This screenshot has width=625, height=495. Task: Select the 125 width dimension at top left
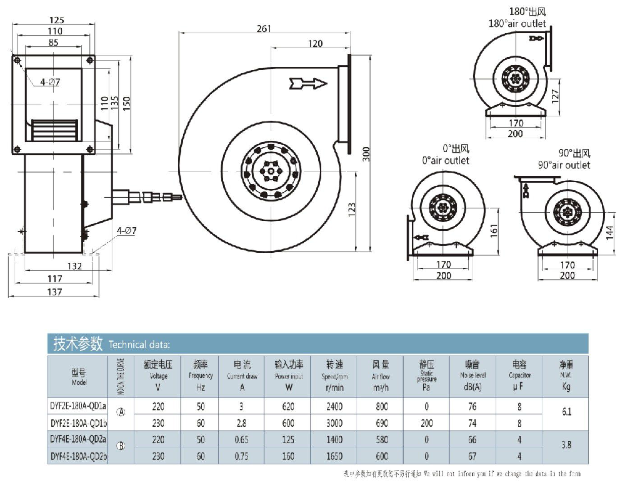click(56, 19)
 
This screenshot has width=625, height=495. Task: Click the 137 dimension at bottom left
click(55, 292)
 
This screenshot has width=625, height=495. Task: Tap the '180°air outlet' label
click(517, 24)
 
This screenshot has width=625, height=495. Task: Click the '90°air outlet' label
click(564, 165)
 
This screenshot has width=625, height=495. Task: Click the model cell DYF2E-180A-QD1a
click(78, 406)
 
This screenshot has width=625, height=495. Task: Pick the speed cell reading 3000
click(334, 423)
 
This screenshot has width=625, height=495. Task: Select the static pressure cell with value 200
click(427, 423)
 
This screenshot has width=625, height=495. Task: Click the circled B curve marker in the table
click(121, 446)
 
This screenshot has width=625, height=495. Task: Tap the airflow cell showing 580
click(381, 440)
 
